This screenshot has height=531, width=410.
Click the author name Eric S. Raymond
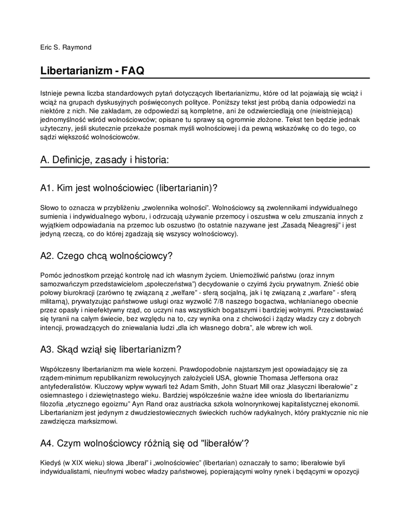(x=66, y=47)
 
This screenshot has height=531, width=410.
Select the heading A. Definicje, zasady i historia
(x=104, y=160)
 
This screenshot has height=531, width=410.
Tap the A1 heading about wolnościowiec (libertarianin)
(x=129, y=187)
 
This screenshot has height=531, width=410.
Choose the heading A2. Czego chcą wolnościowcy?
(x=106, y=256)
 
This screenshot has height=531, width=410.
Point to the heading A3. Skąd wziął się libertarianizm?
(x=110, y=350)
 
